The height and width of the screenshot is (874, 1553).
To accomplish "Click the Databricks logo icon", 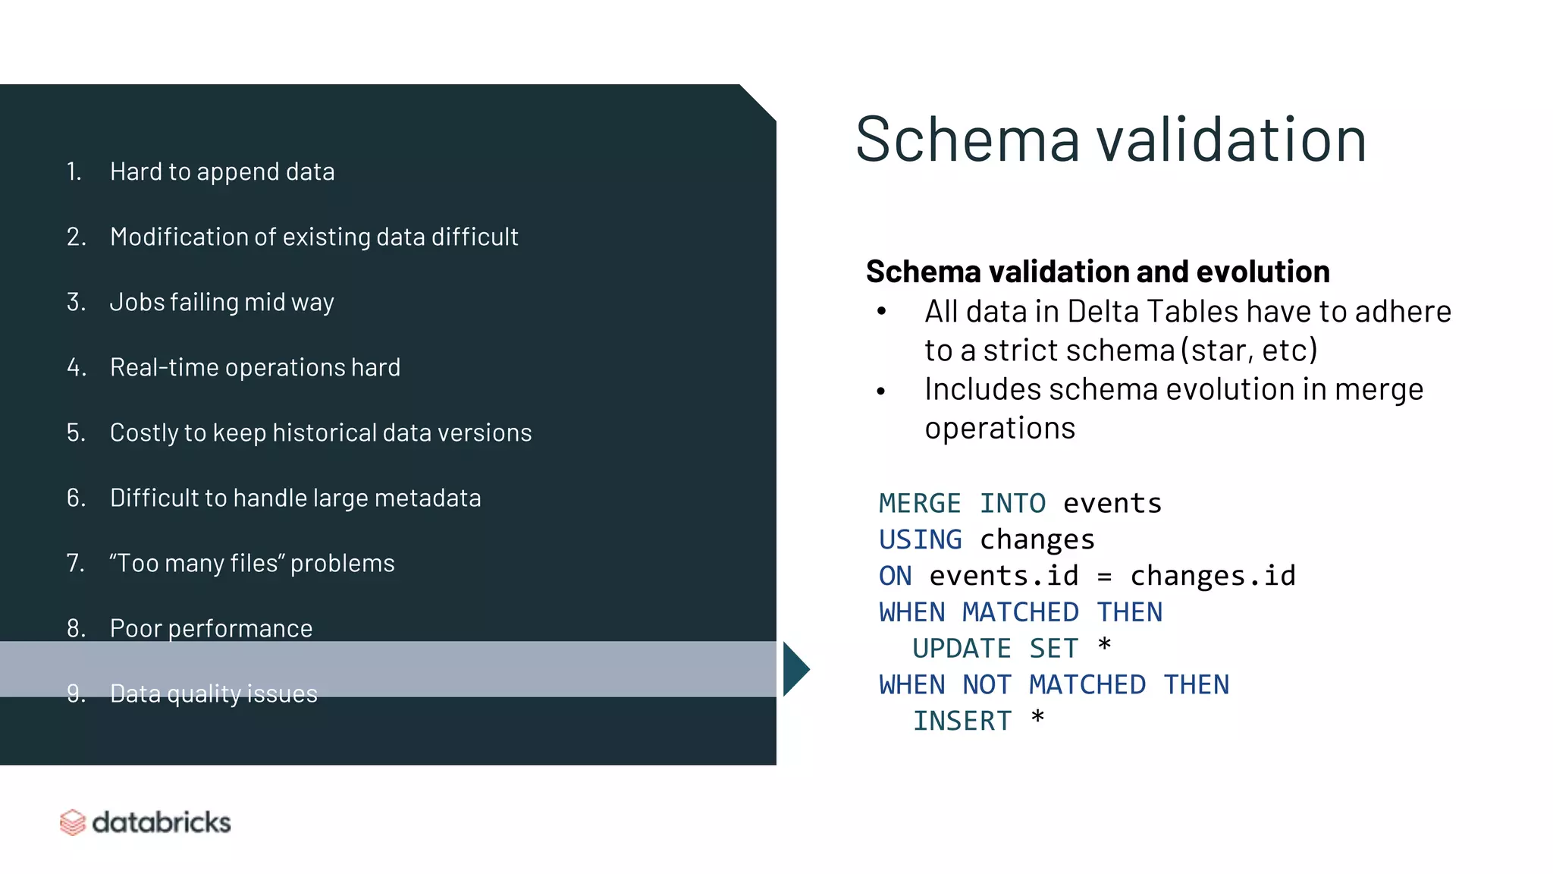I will (x=73, y=822).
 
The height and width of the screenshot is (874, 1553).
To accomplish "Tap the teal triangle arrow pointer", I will (x=795, y=669).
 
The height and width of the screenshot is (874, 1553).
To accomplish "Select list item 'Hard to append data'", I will (x=222, y=172).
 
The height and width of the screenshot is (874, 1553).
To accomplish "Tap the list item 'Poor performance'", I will (x=211, y=628).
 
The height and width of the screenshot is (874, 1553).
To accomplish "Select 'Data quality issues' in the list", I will (x=214, y=693).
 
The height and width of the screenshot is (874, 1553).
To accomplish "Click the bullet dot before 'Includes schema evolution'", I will (x=881, y=391).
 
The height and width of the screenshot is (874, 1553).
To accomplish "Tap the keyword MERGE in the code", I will (x=920, y=504).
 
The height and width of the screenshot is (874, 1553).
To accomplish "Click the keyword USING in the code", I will (x=920, y=540).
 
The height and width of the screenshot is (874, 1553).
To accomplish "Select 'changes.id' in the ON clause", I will (x=1213, y=576).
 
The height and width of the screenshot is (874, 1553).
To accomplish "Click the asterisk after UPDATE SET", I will (x=1104, y=646).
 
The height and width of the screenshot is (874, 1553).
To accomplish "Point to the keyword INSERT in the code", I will (x=962, y=721).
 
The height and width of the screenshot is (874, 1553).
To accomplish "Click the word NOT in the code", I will (x=987, y=685).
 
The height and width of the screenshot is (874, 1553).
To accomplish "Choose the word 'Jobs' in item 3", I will (x=136, y=302).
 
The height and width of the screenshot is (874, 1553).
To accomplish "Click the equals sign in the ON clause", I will (x=1104, y=577).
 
